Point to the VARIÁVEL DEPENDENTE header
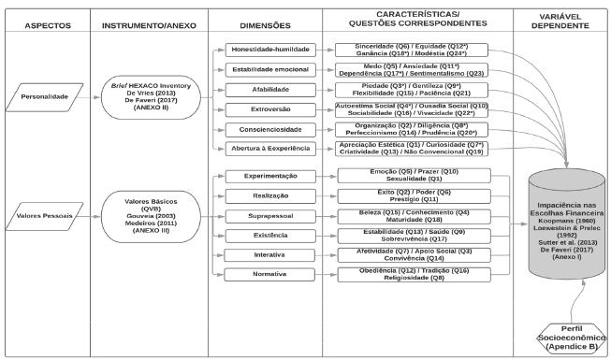564,21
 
